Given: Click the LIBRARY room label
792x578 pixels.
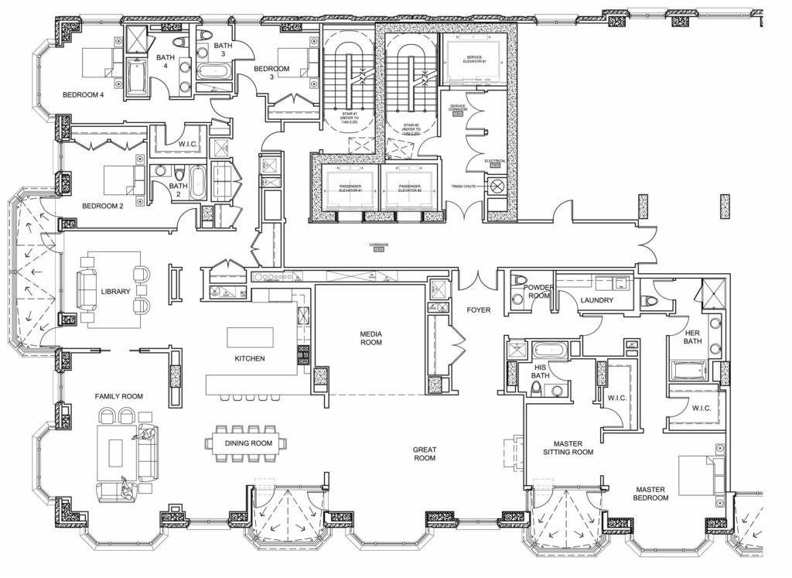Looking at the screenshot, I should click(115, 292).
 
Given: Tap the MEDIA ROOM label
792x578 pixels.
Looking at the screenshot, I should click(371, 338).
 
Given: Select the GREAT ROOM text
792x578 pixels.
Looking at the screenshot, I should click(424, 453).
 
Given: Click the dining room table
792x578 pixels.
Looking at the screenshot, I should click(245, 443).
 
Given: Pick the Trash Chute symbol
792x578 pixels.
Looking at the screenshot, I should click(495, 186).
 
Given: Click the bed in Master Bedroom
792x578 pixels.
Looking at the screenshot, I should click(701, 474).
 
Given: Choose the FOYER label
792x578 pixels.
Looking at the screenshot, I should click(479, 310).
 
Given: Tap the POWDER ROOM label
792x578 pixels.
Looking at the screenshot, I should click(538, 291).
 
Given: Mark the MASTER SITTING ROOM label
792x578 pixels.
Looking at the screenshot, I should click(568, 447).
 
